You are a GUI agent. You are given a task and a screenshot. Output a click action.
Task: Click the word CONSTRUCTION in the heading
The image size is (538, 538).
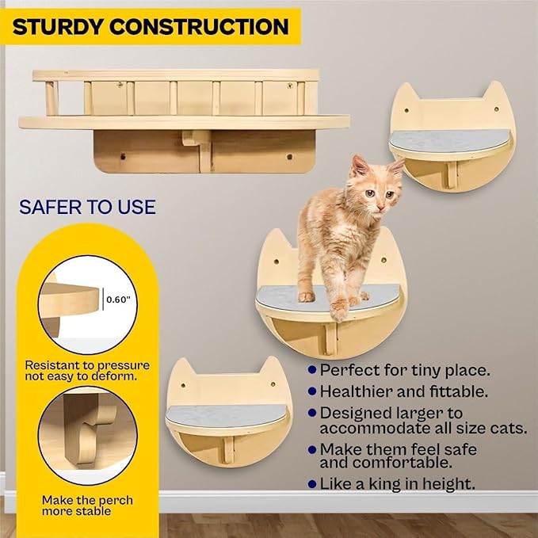(199, 26)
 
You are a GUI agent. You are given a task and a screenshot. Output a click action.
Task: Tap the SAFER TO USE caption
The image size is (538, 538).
(87, 208)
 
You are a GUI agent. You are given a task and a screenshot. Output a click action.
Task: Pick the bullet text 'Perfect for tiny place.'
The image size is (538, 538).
(405, 369)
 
